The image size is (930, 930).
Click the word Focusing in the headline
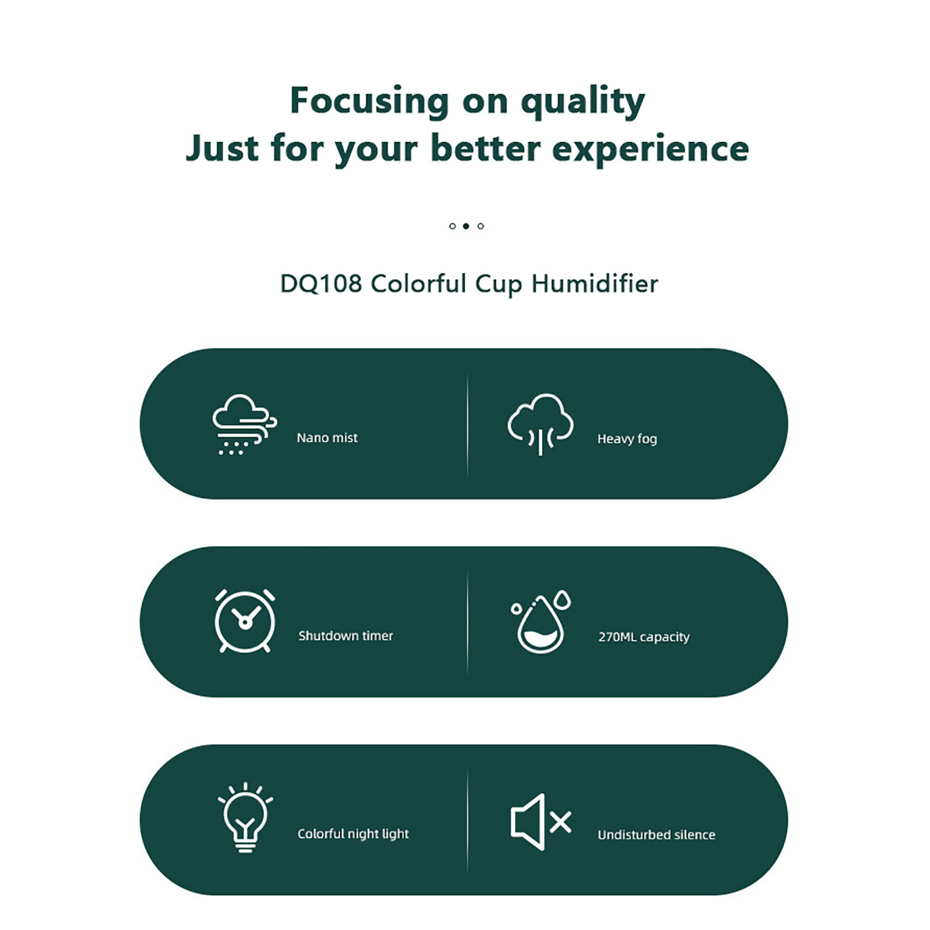tap(370, 101)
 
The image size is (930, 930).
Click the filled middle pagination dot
tap(466, 226)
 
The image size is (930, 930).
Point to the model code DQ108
tap(321, 284)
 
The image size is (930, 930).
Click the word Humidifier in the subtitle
tap(595, 284)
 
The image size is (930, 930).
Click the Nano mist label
tap(327, 438)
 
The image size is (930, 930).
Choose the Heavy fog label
tap(627, 439)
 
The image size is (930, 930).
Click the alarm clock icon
tap(245, 621)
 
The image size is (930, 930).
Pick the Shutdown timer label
tap(346, 636)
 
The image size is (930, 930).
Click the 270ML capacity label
tap(644, 637)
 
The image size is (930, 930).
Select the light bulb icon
tap(245, 817)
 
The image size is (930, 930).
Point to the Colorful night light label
tap(353, 834)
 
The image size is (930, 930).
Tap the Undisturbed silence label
tap(657, 835)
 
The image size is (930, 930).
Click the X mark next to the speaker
tap(560, 822)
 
